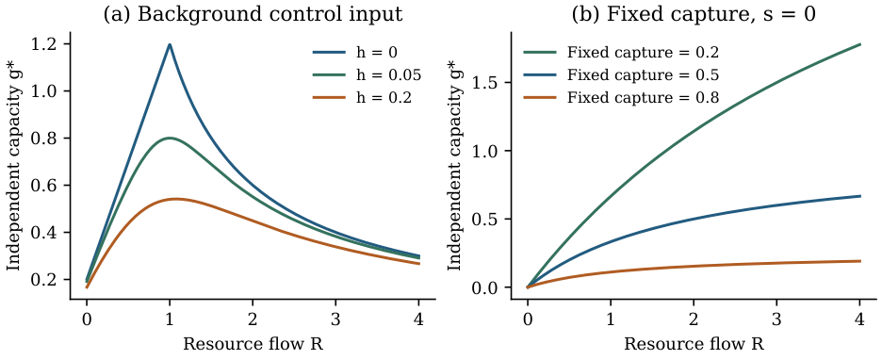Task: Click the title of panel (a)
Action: point(253,13)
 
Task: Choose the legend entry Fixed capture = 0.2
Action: point(622,53)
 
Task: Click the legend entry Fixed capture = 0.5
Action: point(622,74)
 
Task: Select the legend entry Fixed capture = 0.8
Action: point(622,97)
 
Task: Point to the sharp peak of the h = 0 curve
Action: point(170,44)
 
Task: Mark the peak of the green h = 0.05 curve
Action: point(170,138)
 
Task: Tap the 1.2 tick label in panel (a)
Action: point(48,44)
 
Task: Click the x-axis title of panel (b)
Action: point(694,344)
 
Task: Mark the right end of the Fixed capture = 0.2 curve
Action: point(860,44)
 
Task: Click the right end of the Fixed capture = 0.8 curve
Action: point(860,261)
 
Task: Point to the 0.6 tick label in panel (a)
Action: point(48,185)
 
